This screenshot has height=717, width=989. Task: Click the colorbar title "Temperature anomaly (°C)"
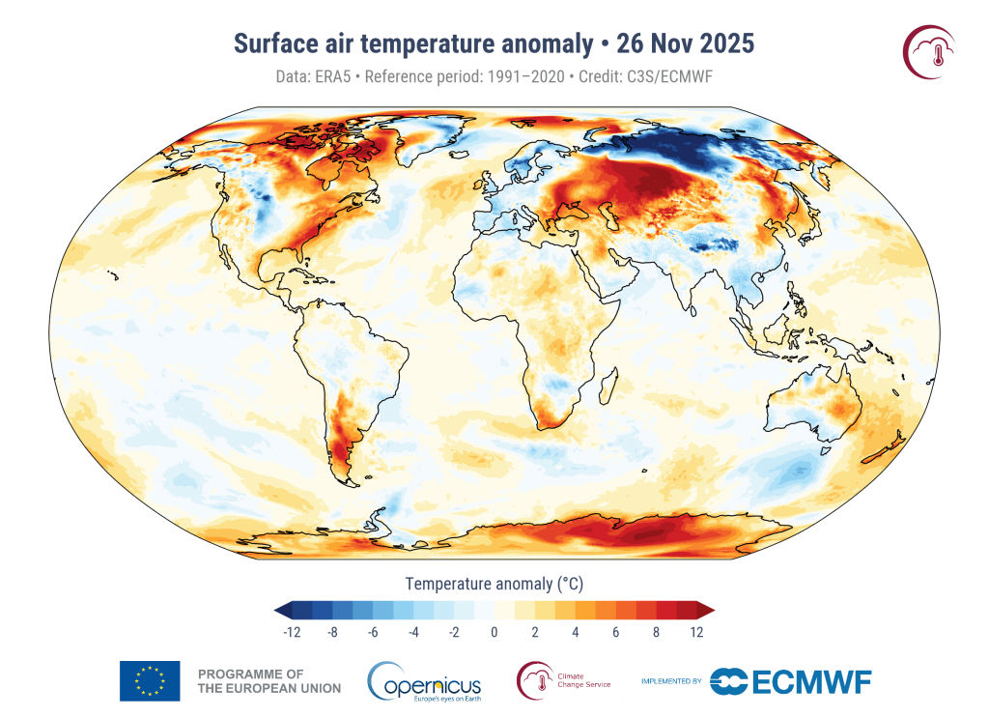coord(494,584)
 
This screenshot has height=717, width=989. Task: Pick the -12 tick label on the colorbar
coord(291,633)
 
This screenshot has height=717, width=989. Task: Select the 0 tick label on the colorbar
coord(494,633)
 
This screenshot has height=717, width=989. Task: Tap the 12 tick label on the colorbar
coord(696,633)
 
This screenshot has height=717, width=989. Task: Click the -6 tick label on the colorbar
coord(373,633)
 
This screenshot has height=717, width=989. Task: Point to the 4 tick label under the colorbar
coord(576,633)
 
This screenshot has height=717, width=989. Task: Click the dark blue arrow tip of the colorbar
coord(281,609)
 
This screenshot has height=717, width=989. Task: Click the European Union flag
coord(150,680)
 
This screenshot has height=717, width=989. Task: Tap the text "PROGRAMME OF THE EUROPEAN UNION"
coord(268,680)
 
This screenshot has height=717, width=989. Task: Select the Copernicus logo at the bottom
coord(424,681)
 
